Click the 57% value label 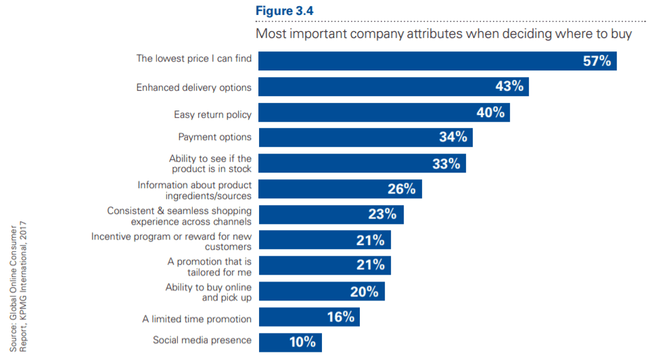pyautogui.click(x=597, y=61)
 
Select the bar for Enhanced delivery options pyautogui.click(x=392, y=87)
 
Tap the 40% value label pyautogui.click(x=490, y=112)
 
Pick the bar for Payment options pyautogui.click(x=365, y=137)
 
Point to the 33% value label pyautogui.click(x=446, y=163)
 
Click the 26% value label pyautogui.click(x=402, y=189)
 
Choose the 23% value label pyautogui.click(x=383, y=215)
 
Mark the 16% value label pyautogui.click(x=341, y=317)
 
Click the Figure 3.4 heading pyautogui.click(x=285, y=12)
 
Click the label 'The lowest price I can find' pyautogui.click(x=194, y=59)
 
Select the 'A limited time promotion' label pyautogui.click(x=197, y=319)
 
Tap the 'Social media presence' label pyautogui.click(x=202, y=340)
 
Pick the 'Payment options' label pyautogui.click(x=215, y=137)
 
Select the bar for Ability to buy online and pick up pyautogui.click(x=321, y=292)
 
